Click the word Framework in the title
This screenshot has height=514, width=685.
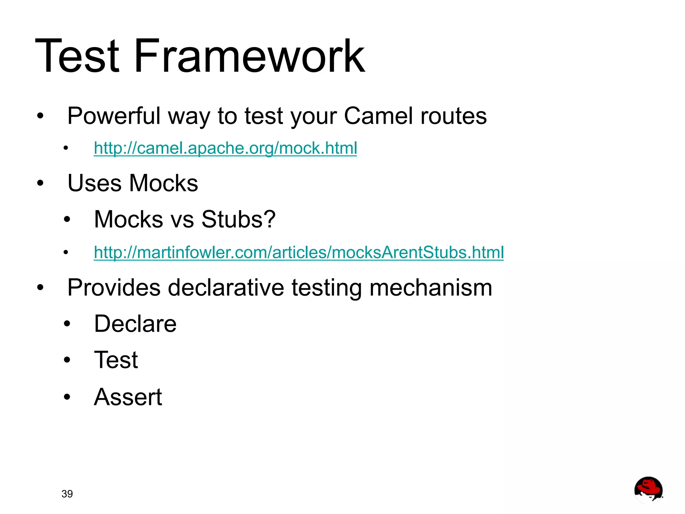point(249,56)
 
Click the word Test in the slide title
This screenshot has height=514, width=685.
point(77,56)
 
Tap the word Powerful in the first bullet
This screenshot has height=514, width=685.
point(114,116)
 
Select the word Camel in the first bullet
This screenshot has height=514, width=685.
point(378,116)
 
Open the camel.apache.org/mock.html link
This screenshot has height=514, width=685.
point(225,148)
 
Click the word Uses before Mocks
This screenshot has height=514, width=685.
point(94,183)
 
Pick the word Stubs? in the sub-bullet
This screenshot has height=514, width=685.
point(238,219)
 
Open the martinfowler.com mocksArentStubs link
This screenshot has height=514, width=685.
point(298,252)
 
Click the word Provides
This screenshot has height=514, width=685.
point(114,288)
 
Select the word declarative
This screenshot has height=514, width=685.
point(226,288)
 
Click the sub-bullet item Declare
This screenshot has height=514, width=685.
point(135,324)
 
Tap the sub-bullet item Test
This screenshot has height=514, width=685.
point(116,360)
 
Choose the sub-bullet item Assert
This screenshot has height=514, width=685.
point(128,397)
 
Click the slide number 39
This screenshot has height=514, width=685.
point(67,494)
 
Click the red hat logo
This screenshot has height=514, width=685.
point(648,490)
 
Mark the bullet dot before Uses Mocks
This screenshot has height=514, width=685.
point(40,183)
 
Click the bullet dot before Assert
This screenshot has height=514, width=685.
point(67,397)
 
